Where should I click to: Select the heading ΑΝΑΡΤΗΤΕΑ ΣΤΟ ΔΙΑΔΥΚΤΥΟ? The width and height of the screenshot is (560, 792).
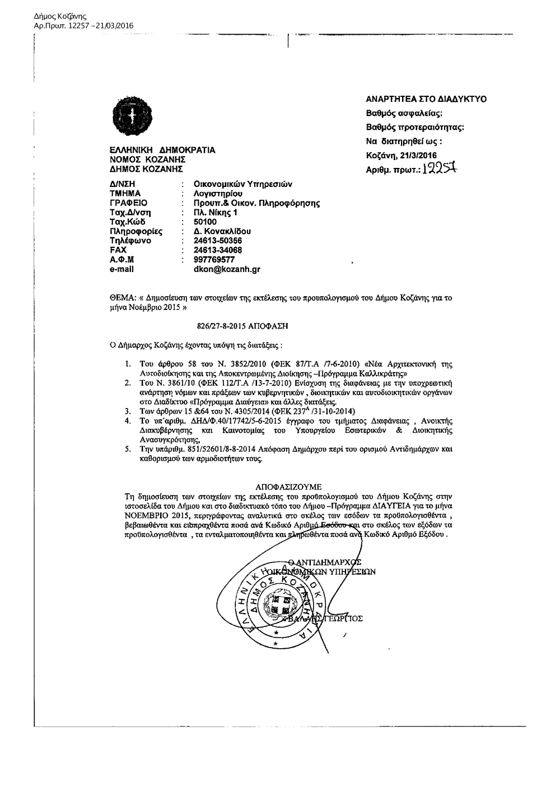tap(426, 99)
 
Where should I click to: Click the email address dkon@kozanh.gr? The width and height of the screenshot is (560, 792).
tap(227, 269)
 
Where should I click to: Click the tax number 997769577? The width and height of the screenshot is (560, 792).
tap(214, 260)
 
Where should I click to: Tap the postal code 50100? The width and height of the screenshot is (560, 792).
tap(205, 222)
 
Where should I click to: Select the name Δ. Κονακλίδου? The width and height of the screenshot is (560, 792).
tap(222, 231)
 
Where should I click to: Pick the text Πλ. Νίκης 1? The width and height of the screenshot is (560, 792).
tap(216, 212)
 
